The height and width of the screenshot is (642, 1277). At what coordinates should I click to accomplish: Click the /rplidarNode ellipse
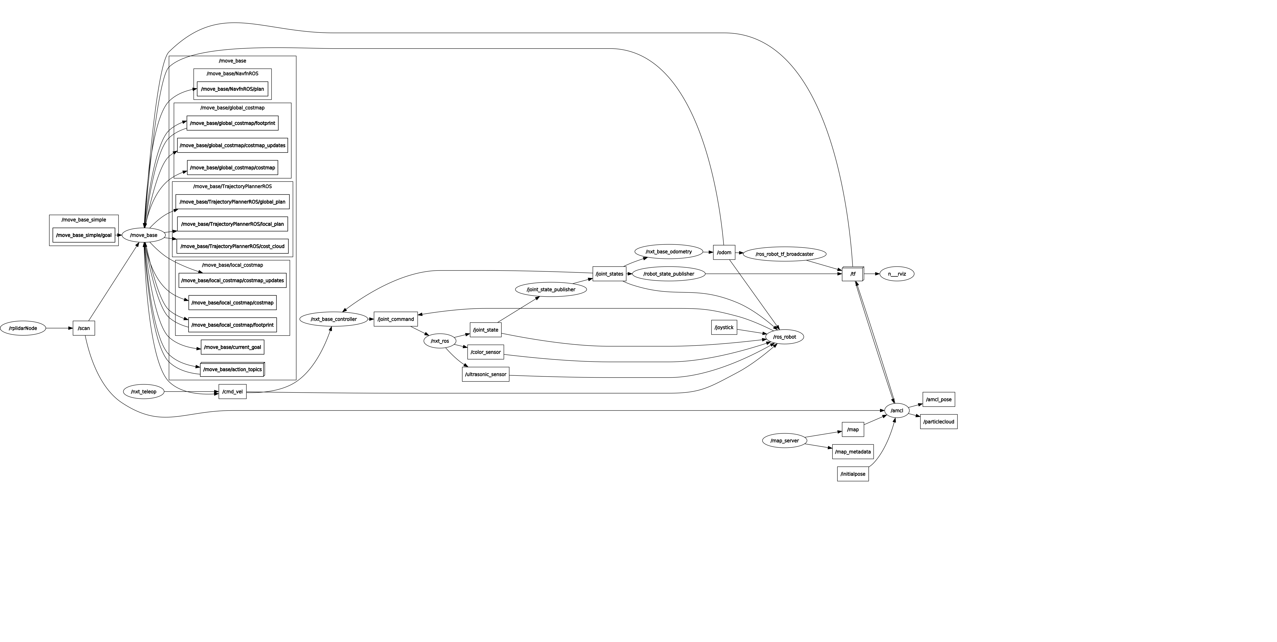click(23, 328)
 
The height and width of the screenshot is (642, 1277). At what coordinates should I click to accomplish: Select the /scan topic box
click(84, 328)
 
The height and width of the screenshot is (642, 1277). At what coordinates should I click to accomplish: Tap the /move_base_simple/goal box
click(84, 235)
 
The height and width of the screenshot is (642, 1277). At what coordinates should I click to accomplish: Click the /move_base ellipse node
click(144, 235)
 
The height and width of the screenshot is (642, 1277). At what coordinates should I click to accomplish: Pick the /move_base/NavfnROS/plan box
click(232, 89)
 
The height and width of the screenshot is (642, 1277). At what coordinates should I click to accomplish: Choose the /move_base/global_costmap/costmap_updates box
click(232, 145)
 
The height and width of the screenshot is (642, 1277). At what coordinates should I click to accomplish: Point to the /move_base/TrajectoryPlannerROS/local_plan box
click(232, 224)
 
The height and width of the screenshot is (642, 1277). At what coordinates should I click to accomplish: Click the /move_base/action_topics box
click(232, 369)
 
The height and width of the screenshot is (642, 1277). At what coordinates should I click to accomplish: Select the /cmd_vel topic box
click(232, 392)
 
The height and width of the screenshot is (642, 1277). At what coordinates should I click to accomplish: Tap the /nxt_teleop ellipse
click(144, 392)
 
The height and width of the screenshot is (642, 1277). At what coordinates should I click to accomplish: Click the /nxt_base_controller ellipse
click(334, 319)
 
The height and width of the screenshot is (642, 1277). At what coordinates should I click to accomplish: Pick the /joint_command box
click(396, 319)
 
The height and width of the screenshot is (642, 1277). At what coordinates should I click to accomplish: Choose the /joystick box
click(724, 327)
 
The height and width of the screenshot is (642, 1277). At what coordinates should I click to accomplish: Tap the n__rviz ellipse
click(897, 274)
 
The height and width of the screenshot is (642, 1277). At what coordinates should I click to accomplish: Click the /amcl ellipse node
click(897, 411)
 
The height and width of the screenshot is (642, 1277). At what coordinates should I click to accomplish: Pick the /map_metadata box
click(853, 452)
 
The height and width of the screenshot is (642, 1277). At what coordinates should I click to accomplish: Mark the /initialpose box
click(853, 474)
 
